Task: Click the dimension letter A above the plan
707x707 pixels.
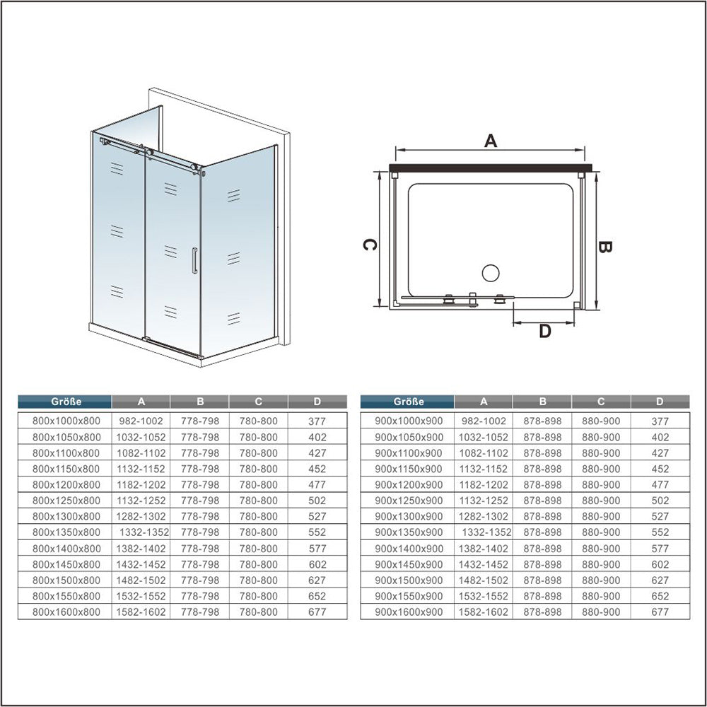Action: pos(491,141)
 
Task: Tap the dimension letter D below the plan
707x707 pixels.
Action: pos(545,332)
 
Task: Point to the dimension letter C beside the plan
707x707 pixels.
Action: pos(370,245)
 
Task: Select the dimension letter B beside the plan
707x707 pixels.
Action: pos(604,247)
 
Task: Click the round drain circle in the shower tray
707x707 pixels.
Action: pos(491,273)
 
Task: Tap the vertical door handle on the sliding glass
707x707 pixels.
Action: pos(195,261)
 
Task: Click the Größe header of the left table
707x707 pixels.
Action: pos(66,402)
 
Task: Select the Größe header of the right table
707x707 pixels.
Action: pos(409,402)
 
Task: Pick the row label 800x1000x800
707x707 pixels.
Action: pos(66,421)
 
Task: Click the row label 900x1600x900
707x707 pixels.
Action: pos(409,612)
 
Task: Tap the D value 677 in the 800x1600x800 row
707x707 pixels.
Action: pos(317,612)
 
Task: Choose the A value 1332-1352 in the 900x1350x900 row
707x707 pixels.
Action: pos(486,532)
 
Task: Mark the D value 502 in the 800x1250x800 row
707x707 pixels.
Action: pos(317,501)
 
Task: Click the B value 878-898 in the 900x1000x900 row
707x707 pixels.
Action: pos(542,421)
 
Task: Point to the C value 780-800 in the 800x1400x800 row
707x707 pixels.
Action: pos(258,549)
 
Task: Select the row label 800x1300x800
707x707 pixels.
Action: pos(66,516)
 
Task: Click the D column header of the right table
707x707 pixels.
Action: pos(660,402)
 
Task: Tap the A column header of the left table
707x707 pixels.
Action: pos(141,402)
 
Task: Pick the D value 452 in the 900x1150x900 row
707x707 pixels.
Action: pos(660,469)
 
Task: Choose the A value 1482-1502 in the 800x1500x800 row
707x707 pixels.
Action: pos(141,580)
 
